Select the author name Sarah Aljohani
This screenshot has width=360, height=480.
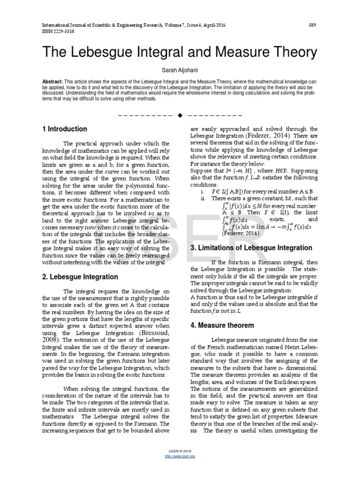tap(180, 69)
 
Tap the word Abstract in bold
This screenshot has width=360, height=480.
tap(52, 81)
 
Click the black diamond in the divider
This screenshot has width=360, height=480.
tap(180, 115)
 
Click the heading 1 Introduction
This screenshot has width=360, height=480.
tap(65, 129)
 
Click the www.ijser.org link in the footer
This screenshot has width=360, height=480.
tap(180, 456)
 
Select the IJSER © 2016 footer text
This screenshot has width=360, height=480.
tap(180, 451)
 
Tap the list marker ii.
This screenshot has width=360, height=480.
tap(202, 198)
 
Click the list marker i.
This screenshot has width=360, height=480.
tap(202, 191)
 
